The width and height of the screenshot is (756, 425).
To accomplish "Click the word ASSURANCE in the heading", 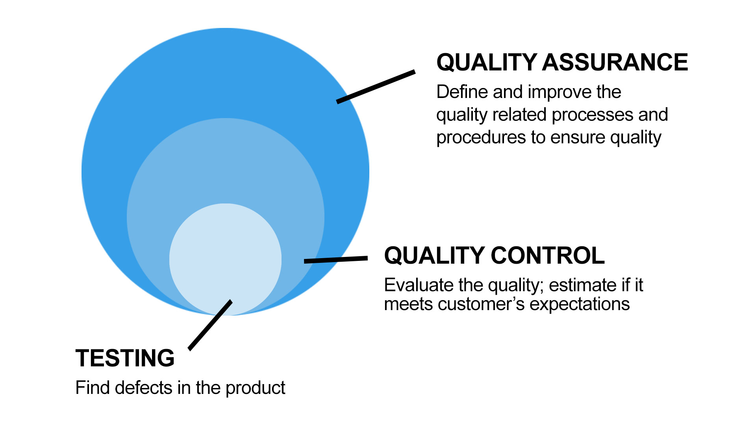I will click(x=615, y=63).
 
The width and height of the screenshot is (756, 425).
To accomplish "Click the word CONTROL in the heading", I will click(x=548, y=256).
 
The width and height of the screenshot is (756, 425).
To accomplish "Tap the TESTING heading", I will click(x=125, y=358).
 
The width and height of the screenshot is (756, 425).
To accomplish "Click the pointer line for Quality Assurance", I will click(x=376, y=87).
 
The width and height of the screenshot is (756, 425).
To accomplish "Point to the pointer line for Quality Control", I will click(x=336, y=260).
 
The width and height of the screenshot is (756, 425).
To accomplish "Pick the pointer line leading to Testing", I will click(x=210, y=325).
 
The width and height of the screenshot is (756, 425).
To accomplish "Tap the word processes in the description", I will click(x=593, y=115).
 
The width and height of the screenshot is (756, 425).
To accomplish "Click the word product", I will click(x=255, y=388).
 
